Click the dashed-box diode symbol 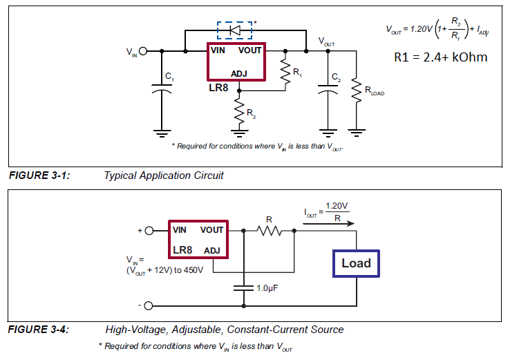coord(234,30)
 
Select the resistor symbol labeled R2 coord(240,111)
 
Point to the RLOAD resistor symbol coord(357,88)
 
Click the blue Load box coord(356,263)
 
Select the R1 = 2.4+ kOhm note coord(440,57)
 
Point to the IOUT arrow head coord(352,223)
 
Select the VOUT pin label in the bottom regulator coord(212,229)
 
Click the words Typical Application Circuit coord(164,176)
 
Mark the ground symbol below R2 coord(240,131)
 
